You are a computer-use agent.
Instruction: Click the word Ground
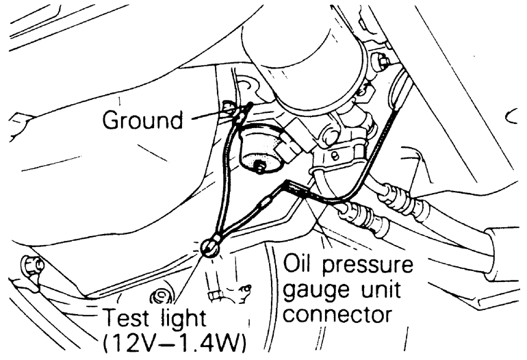pos(142,120)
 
